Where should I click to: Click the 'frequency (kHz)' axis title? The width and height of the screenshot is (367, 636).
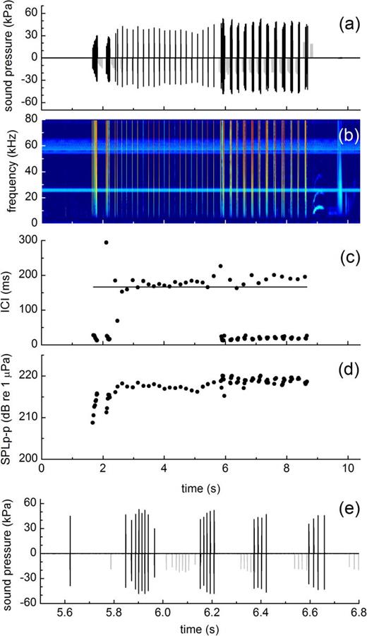9,172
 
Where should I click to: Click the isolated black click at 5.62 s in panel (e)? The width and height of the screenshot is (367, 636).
71,551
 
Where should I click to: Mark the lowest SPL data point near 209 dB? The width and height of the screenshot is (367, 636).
92,422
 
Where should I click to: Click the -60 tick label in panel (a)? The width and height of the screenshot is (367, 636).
28,102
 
